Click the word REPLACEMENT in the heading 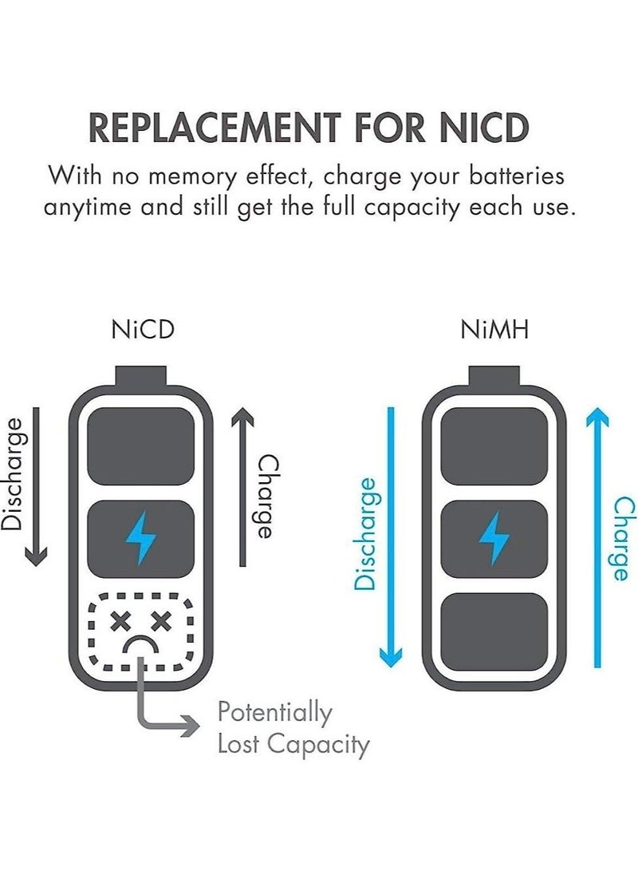[x=215, y=128]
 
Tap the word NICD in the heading [x=484, y=128]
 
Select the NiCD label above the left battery [x=143, y=330]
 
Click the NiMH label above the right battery [x=494, y=330]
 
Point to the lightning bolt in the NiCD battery [x=140, y=538]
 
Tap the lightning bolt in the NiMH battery [x=494, y=538]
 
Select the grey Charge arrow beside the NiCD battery [x=242, y=487]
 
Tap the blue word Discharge [x=365, y=533]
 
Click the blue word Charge [x=624, y=538]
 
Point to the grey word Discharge [x=12, y=474]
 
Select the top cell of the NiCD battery [x=141, y=446]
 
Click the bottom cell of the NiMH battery [x=494, y=631]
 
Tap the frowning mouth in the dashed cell [x=141, y=646]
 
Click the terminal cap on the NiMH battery [x=494, y=377]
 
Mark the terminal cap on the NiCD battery [x=141, y=377]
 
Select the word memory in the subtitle [x=192, y=177]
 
